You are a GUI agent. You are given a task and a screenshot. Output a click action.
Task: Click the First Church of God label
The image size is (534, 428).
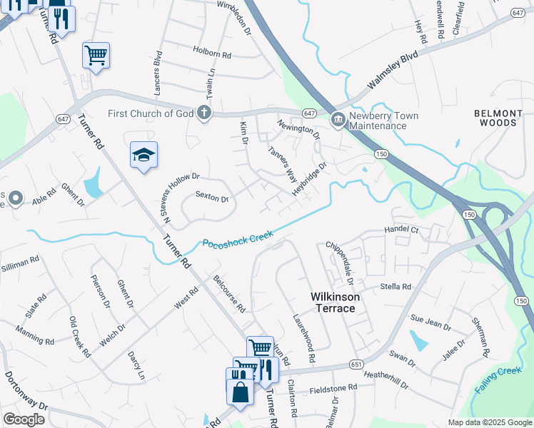150,113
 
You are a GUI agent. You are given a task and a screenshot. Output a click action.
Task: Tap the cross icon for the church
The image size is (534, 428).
204,113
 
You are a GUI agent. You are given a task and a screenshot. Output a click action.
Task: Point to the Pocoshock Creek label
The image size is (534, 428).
238,238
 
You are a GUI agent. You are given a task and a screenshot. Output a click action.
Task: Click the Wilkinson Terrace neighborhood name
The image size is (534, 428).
332,302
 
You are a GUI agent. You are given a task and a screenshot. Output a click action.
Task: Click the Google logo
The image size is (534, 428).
24,419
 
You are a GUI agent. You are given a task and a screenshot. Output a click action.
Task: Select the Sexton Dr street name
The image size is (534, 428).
211,198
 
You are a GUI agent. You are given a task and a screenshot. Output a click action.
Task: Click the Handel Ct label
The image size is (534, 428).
400,230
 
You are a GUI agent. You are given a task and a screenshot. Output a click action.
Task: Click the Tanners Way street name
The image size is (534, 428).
282,163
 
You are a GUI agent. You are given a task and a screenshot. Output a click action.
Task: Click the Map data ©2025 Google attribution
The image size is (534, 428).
489,422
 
